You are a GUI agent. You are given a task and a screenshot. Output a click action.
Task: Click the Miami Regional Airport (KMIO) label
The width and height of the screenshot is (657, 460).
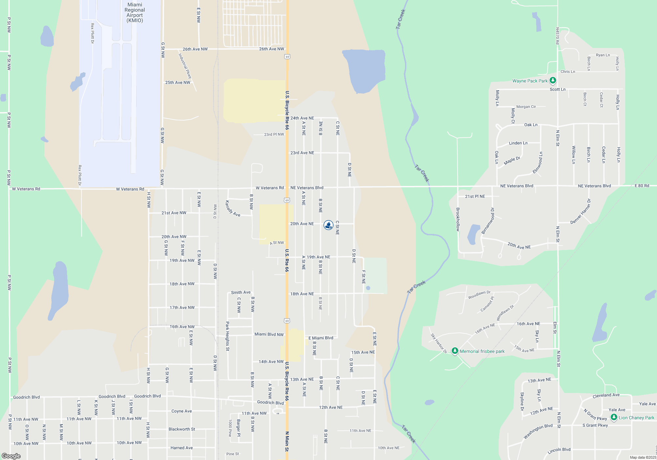point(135,12)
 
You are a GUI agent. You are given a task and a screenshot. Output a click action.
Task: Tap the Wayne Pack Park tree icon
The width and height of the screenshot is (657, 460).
point(553,80)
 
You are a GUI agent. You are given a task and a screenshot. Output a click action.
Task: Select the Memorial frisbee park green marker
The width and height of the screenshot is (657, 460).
point(455,351)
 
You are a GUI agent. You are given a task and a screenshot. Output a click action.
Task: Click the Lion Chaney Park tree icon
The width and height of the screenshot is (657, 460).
point(614,417)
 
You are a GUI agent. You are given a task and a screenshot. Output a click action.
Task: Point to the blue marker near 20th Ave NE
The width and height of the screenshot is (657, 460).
point(328,225)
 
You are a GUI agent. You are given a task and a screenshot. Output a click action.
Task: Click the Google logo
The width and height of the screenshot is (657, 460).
point(11,456)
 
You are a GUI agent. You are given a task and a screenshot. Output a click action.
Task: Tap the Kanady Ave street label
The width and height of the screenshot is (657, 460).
point(233,209)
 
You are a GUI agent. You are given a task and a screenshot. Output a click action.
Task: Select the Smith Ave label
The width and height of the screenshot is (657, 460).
point(240,292)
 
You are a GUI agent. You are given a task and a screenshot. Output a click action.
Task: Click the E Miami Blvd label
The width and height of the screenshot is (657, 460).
point(321,338)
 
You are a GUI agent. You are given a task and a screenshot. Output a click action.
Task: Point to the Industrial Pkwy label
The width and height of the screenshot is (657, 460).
point(185,66)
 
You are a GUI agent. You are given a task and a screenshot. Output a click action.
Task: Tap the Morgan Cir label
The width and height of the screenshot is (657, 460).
point(526,106)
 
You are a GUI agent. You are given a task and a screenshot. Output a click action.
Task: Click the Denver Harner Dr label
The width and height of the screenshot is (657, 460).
point(580,212)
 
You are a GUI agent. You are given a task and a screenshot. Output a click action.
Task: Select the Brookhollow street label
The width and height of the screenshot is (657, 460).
point(458,219)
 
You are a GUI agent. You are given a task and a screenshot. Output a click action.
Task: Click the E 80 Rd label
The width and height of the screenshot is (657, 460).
point(642,186)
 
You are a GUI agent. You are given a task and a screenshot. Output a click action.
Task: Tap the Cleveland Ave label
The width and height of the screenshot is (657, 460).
point(606,395)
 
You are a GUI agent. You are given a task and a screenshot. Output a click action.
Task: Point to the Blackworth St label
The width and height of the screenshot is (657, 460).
point(182,429)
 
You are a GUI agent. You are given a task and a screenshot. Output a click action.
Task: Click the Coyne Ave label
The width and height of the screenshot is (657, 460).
point(181,411)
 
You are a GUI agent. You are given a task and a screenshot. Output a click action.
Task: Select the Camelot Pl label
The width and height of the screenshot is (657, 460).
point(487,304)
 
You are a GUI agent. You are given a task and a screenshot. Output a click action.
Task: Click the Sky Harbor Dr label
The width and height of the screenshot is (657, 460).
point(439,343)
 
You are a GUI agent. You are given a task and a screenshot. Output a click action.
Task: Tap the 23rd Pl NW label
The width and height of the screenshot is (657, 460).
point(274,134)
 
